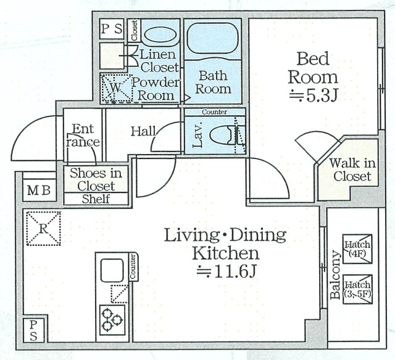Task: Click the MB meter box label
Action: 39,190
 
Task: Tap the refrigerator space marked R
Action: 44,229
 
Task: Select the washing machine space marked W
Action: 116,88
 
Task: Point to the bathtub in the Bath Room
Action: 213,38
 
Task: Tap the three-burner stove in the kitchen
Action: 112,320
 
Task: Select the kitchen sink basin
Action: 112,271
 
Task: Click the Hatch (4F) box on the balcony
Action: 357,249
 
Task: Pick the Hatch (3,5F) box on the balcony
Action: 357,289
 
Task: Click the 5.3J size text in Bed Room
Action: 313,96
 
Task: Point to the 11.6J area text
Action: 227,272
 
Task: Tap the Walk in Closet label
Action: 352,170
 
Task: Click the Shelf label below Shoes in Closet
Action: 96,198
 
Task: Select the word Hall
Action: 143,131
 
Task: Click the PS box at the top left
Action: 112,29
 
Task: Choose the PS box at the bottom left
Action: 33,330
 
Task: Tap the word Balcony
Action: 335,274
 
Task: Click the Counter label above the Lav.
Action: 215,112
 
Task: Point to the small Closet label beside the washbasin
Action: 134,30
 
